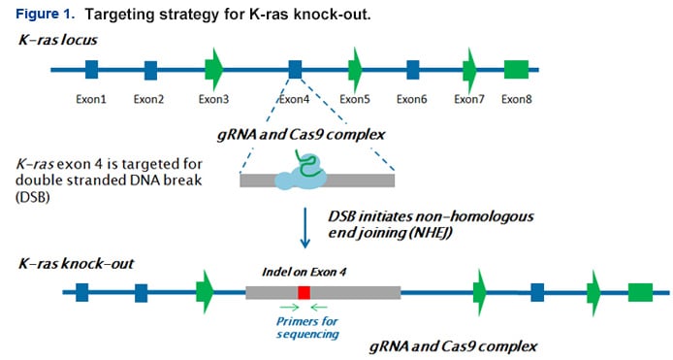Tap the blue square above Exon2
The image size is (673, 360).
(x=150, y=69)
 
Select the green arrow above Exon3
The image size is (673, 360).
(x=214, y=69)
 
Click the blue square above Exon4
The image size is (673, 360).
(x=295, y=69)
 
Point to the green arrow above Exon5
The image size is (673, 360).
(x=356, y=69)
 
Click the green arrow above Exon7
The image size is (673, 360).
(x=470, y=69)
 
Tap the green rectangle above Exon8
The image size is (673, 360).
(x=516, y=69)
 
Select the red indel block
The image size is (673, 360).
(x=304, y=292)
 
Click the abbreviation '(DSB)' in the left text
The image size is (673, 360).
(x=35, y=197)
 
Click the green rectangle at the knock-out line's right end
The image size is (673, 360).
(x=640, y=291)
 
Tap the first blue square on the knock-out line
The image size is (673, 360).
(x=82, y=291)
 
